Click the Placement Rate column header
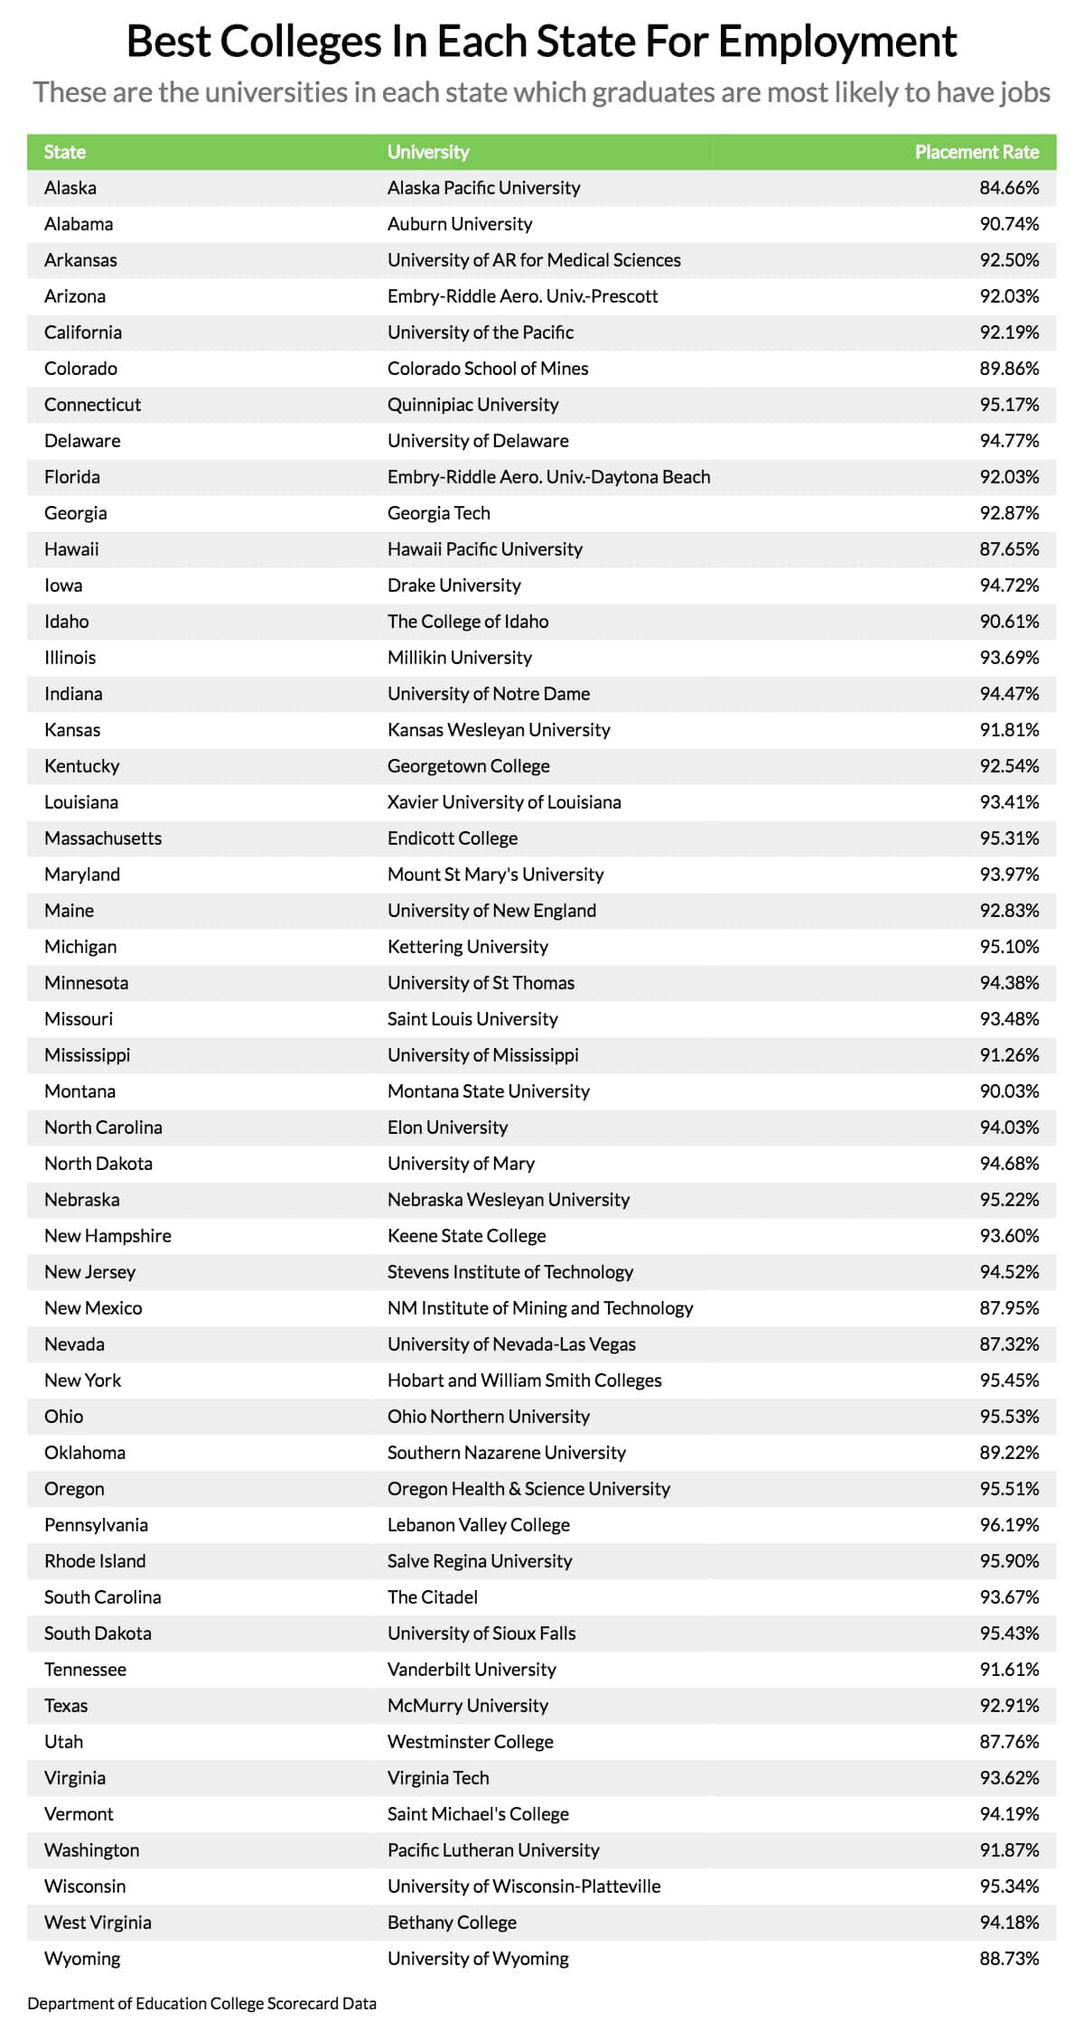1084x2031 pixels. (x=977, y=152)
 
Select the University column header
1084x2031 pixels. (x=428, y=152)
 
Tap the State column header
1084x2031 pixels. (x=65, y=152)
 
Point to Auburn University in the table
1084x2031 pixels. (x=460, y=224)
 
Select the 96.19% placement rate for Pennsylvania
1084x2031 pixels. (x=1009, y=1525)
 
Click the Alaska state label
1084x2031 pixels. (x=70, y=188)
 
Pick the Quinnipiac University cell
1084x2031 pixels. (x=472, y=405)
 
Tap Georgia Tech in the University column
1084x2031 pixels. (x=439, y=513)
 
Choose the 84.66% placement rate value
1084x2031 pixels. (x=1009, y=188)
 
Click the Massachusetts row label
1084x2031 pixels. (x=103, y=838)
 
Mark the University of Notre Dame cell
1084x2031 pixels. (x=489, y=694)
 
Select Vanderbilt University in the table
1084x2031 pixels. (x=472, y=1670)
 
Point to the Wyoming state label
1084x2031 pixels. (x=82, y=1959)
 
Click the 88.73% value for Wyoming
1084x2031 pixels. (x=1009, y=1959)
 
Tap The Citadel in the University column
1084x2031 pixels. (x=433, y=1597)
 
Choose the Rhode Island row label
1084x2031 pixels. (x=95, y=1561)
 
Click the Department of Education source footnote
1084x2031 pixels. (x=201, y=2003)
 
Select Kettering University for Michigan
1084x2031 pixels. (x=468, y=947)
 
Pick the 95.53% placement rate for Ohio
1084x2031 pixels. (x=1009, y=1417)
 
